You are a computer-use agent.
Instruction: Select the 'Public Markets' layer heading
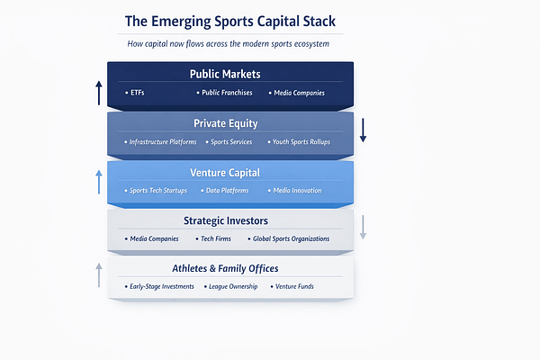click(230, 74)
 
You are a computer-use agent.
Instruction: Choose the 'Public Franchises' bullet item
click(226, 93)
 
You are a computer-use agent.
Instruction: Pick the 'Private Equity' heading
click(230, 123)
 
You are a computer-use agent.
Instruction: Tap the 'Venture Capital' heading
click(230, 172)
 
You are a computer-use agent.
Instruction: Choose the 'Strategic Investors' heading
click(230, 220)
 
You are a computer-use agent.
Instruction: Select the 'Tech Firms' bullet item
click(219, 239)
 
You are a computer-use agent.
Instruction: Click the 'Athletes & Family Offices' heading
click(230, 268)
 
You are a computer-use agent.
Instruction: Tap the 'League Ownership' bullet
click(232, 287)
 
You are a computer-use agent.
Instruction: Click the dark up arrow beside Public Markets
click(99, 93)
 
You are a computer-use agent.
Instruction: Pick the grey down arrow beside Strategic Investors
click(363, 227)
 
